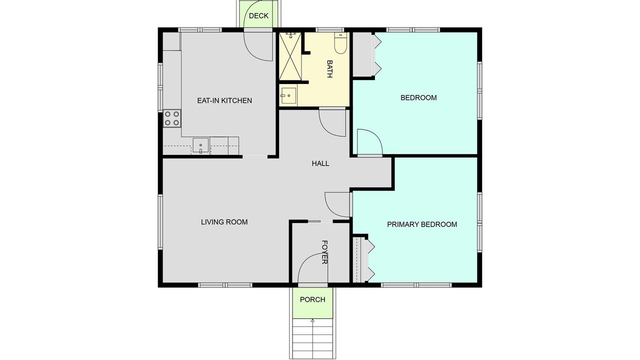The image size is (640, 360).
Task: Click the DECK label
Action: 258,15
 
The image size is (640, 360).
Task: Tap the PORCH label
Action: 312,299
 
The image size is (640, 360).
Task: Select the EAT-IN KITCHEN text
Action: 224,100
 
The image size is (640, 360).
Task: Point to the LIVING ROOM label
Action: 224,222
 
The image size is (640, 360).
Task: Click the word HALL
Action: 320,163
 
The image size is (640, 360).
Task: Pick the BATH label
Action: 329,69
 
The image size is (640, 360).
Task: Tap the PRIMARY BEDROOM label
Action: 422,224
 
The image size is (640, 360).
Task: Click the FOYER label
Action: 324,252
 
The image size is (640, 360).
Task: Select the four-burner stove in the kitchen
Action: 172,118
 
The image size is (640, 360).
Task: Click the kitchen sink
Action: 200,145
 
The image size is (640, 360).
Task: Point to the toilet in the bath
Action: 340,43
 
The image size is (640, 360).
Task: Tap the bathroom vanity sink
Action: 288,95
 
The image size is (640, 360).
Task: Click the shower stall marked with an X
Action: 290,56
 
